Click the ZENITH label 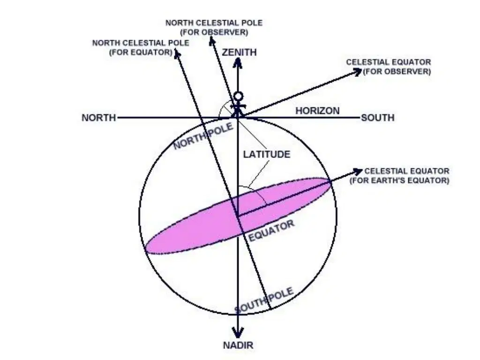point(239,52)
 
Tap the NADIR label point(238,345)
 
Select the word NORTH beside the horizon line point(99,118)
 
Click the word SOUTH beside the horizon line point(378,118)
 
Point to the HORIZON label point(317,111)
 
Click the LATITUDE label point(267,154)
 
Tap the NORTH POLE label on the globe point(203,136)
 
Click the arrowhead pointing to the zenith point(238,62)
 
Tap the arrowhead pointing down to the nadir point(238,332)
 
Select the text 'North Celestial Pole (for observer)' point(214,28)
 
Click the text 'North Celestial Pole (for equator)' point(141,47)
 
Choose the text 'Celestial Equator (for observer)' point(389,67)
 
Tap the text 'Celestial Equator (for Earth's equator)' point(400,176)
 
